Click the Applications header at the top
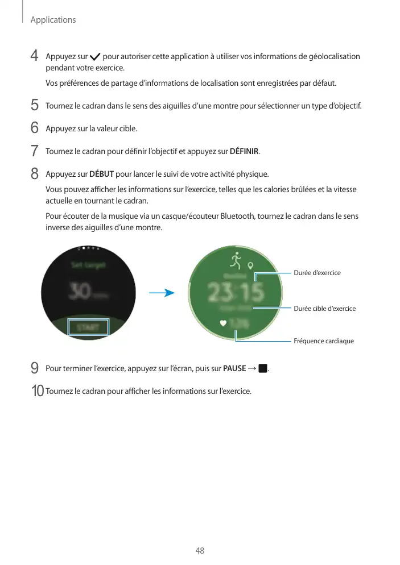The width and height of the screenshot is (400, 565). point(53,20)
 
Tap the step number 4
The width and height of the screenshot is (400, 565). point(35,56)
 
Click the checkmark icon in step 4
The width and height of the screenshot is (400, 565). point(95,57)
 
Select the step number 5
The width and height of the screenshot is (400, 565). point(35,106)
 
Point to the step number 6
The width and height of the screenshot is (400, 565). point(35,128)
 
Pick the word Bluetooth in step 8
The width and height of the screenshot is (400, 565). point(238,216)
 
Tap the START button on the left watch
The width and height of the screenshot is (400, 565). point(88,327)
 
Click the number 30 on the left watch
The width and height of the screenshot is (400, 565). point(79,292)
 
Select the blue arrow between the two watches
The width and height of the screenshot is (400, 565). point(161,293)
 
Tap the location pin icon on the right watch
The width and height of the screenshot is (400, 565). point(250,265)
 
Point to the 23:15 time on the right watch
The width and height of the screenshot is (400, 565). point(235,292)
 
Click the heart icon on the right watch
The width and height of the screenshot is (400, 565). point(224,323)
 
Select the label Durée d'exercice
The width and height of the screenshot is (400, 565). point(317,273)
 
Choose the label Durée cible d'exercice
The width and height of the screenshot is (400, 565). point(324,309)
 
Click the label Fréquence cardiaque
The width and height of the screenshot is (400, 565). point(324,341)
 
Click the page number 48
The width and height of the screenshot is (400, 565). point(200,551)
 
